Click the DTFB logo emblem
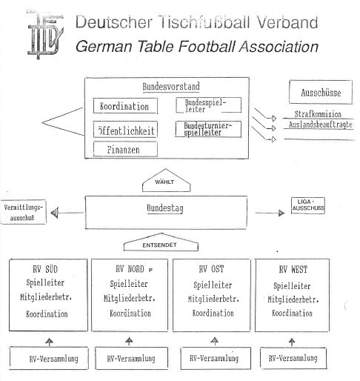click(45, 35)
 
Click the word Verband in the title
click(287, 22)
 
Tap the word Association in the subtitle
click(279, 47)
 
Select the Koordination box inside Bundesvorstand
click(125, 106)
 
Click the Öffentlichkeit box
click(125, 130)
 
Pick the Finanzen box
click(125, 149)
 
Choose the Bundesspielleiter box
click(208, 105)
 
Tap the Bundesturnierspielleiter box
click(208, 129)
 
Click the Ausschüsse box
click(321, 92)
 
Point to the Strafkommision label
click(318, 114)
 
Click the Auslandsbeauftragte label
click(320, 125)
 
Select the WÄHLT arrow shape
click(166, 180)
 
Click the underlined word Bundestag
click(165, 208)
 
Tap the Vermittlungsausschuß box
click(24, 212)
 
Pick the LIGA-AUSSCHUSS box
click(308, 205)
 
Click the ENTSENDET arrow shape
click(161, 242)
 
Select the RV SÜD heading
click(45, 269)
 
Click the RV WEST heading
click(293, 269)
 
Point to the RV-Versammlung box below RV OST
click(216, 358)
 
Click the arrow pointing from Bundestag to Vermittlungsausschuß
click(67, 213)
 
